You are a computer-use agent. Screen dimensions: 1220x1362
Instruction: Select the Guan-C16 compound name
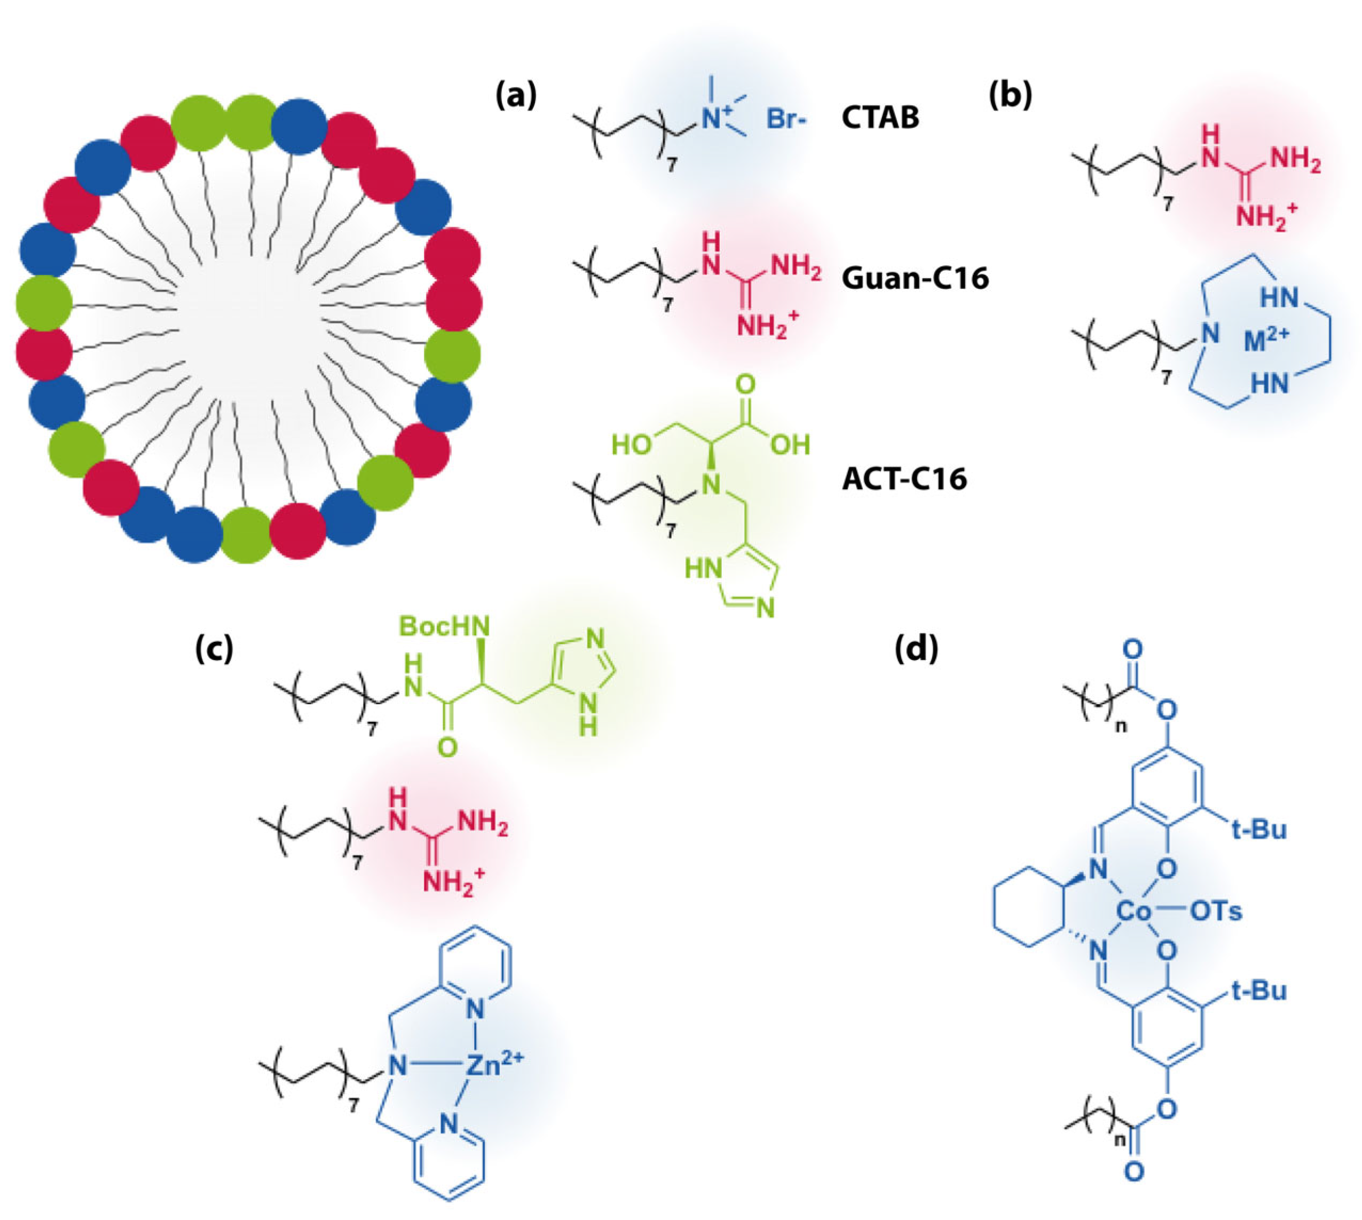click(915, 278)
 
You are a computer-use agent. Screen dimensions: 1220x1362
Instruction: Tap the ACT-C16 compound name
click(904, 478)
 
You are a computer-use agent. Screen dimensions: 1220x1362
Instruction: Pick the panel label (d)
click(916, 648)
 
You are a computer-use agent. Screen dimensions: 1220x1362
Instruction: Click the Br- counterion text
click(787, 119)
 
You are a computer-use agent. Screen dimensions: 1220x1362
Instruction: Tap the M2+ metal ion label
click(1265, 341)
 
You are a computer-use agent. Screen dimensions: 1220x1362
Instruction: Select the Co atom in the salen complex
click(1134, 911)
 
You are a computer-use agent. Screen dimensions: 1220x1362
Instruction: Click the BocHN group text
click(444, 626)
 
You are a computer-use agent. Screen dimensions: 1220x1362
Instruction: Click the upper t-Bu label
click(1259, 830)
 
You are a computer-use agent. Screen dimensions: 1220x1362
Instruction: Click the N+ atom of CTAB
click(714, 119)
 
